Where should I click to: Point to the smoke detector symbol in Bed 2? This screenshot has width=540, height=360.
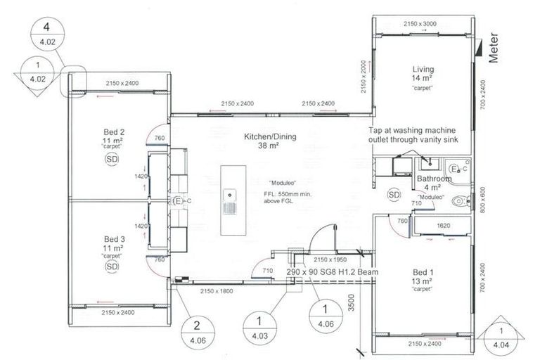(112, 159)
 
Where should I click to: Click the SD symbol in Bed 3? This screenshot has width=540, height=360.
(112, 266)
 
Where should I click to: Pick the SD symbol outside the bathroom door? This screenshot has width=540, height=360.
(394, 194)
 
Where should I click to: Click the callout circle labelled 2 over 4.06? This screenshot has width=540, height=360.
(198, 330)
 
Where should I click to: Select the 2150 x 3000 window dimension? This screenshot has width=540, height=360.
(420, 24)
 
